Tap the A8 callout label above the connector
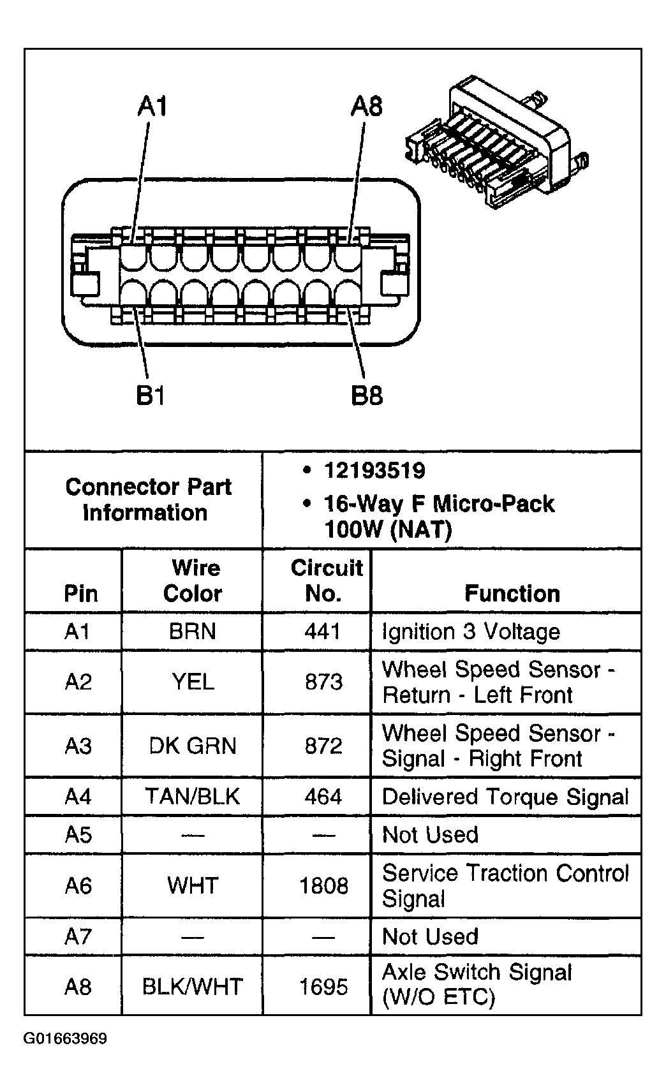tap(367, 106)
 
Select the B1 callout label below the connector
tap(151, 396)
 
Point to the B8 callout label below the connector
tap(367, 396)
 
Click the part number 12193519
tap(374, 471)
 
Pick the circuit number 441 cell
tap(323, 631)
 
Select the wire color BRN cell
tap(192, 631)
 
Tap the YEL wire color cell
tap(192, 682)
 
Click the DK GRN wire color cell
tap(192, 746)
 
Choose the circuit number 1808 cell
tap(323, 885)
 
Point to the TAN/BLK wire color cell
tap(192, 796)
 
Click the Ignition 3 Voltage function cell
tap(471, 631)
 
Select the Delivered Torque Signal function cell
tap(505, 797)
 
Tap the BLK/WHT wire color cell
tap(192, 987)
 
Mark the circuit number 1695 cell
tap(323, 987)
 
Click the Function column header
tap(512, 593)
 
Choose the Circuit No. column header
tap(325, 580)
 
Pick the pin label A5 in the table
tap(78, 834)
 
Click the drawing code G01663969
tap(65, 1038)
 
